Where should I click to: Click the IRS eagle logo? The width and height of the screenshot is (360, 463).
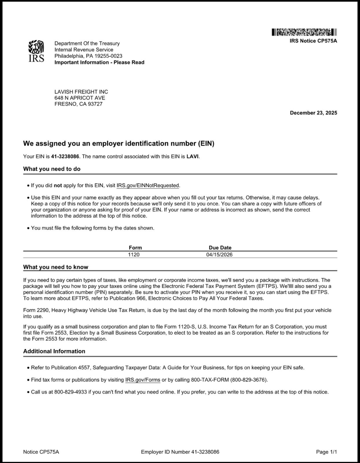click(36, 51)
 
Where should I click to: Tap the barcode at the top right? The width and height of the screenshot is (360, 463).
click(304, 32)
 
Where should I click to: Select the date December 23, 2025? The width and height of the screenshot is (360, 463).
click(313, 113)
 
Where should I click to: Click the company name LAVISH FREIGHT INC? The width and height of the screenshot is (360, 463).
click(81, 92)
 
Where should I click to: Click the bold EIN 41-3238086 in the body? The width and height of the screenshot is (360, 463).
click(65, 157)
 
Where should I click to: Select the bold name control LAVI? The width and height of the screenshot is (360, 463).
click(192, 157)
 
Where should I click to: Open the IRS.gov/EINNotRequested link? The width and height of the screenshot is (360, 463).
click(148, 185)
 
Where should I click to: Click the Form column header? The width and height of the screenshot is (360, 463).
click(135, 248)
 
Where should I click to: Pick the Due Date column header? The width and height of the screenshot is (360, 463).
click(220, 248)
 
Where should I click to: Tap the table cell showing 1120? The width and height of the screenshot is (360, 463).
click(134, 255)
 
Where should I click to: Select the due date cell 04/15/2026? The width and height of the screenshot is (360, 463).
click(219, 255)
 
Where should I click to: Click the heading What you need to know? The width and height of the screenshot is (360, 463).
click(56, 267)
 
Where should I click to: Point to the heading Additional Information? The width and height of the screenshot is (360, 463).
click(54, 351)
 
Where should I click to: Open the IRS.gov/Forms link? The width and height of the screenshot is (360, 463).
click(143, 380)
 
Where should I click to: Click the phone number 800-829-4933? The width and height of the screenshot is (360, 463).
click(70, 392)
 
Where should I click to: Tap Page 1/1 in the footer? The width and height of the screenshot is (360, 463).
click(326, 452)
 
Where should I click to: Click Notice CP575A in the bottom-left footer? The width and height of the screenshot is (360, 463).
click(41, 452)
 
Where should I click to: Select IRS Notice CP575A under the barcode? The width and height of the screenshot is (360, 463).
click(313, 41)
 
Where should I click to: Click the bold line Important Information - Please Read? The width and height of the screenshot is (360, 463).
click(99, 63)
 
